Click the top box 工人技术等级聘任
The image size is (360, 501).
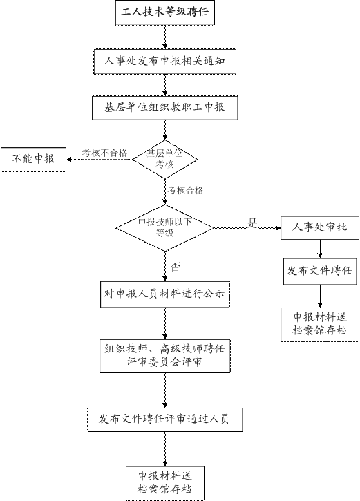pos(165,12)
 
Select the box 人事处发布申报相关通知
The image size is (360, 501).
pos(165,62)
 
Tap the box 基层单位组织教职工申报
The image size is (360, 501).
pos(165,108)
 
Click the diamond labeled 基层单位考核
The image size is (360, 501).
pos(165,159)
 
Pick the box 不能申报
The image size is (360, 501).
pos(34,159)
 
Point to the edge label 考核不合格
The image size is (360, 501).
pos(104,153)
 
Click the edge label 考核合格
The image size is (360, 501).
pos(185,191)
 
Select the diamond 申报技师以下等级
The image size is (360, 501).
pos(165,228)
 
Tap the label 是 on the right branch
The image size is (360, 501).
pos(253,223)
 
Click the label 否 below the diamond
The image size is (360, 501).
pos(175,267)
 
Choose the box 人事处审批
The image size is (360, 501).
pos(320,228)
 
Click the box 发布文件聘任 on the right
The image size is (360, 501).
pos(320,272)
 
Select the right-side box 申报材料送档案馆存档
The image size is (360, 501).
pos(320,325)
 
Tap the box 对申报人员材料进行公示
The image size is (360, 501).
pos(165,294)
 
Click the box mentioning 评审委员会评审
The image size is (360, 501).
pos(165,356)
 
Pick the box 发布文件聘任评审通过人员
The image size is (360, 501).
pos(165,419)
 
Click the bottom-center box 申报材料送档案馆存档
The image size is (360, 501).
pos(165,483)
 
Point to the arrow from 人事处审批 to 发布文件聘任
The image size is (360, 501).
pos(320,249)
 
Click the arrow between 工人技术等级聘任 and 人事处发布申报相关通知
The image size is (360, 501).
pos(165,37)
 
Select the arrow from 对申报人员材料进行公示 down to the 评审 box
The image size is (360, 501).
pos(165,323)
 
